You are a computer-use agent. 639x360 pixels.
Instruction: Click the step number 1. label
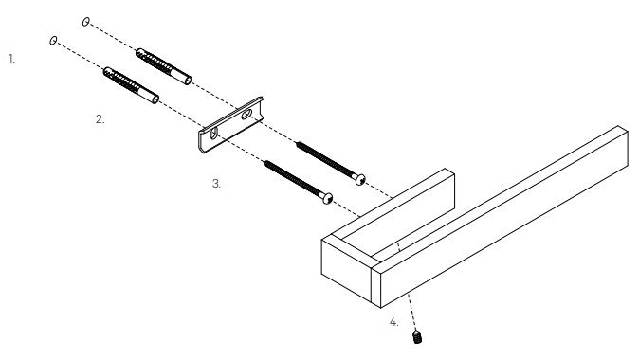11,59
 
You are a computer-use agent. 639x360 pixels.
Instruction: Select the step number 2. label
100,119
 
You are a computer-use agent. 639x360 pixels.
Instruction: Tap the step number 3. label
216,184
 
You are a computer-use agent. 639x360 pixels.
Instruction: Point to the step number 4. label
393,322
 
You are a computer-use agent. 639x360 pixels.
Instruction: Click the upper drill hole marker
85,22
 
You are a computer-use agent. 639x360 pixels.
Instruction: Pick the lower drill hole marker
53,41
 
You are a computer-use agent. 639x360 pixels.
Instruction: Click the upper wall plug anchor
163,66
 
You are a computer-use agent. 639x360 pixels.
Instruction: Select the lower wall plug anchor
131,85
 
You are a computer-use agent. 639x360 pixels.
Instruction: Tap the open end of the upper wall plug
188,81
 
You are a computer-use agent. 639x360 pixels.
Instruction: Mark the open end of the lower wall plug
155,99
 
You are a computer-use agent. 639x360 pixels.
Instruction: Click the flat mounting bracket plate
230,125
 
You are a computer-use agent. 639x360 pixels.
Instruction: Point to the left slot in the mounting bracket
214,134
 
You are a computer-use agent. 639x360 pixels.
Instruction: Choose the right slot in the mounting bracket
246,115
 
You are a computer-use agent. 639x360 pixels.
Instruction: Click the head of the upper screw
360,179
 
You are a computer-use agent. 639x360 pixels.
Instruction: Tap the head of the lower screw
328,198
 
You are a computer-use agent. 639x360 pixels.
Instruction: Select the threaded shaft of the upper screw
325,159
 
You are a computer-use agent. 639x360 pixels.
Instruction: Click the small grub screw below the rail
417,336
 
